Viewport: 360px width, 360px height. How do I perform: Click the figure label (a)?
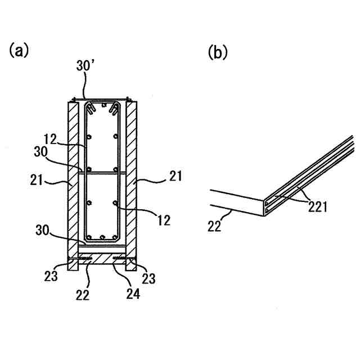pos(18,51)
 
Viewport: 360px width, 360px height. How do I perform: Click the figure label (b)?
pos(217,52)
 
